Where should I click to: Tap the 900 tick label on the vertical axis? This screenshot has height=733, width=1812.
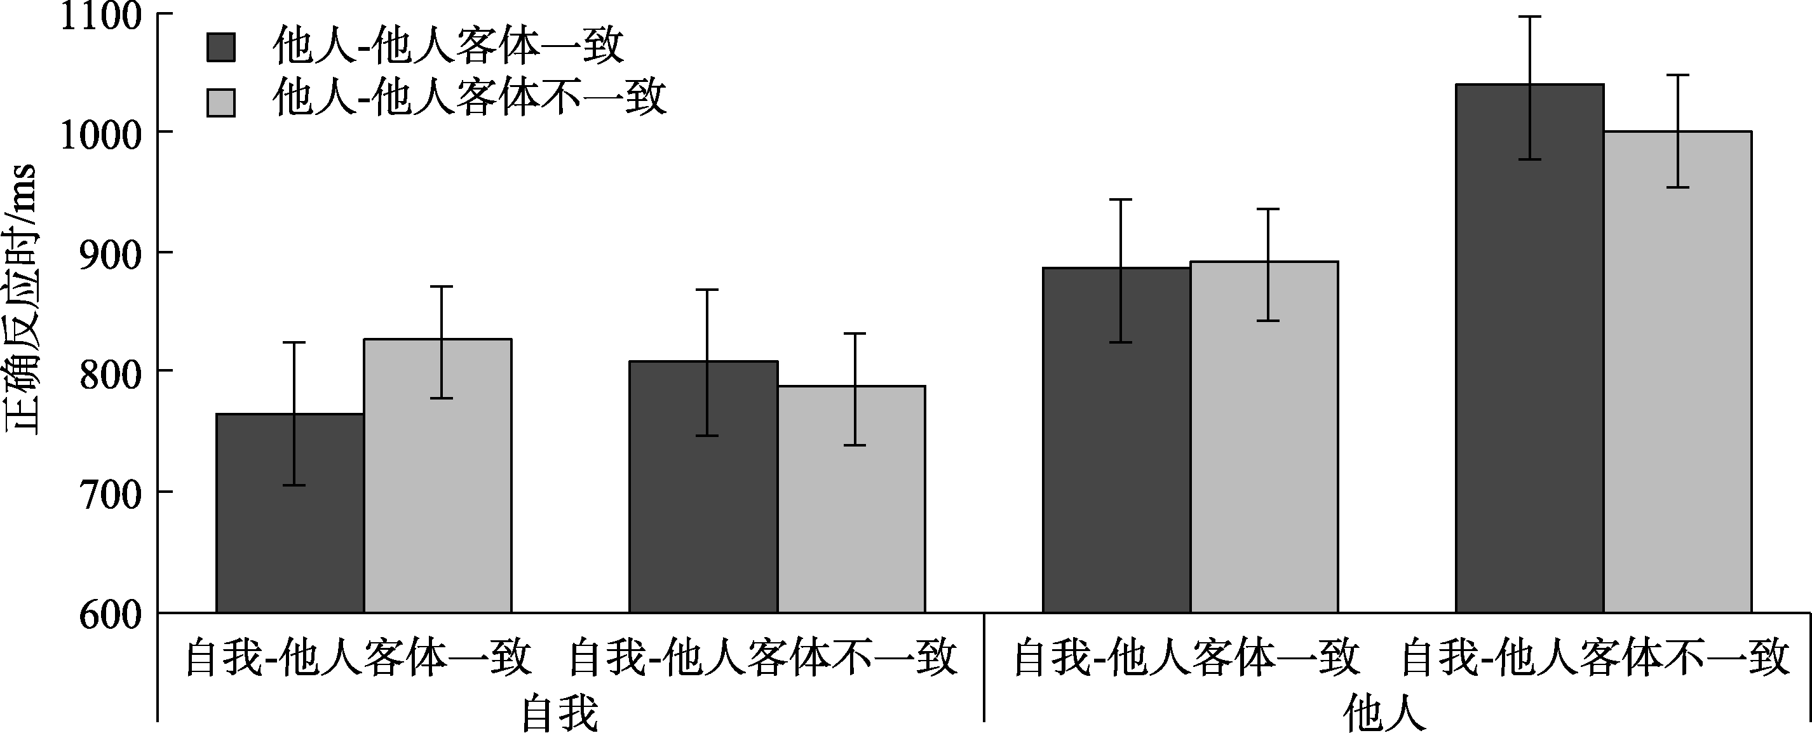pos(111,253)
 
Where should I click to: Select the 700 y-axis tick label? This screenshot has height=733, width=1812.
pos(111,493)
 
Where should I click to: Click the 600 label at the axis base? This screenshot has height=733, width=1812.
pos(111,614)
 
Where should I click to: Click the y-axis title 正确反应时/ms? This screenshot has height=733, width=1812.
pos(21,299)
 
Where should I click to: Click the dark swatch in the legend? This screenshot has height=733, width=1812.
pos(220,47)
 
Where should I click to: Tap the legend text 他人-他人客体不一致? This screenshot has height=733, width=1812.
pos(469,98)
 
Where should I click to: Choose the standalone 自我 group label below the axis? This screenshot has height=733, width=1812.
pos(559,713)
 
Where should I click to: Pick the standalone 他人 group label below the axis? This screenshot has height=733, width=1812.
pos(1384,713)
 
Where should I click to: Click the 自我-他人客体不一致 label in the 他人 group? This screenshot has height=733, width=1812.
pos(1595,656)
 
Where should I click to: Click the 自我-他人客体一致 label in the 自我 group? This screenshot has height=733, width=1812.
pos(358,656)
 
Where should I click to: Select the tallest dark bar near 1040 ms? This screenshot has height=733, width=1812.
pos(1529,352)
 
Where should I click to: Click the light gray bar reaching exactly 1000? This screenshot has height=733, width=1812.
pos(1678,373)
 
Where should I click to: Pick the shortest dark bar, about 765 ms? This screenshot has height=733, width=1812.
pos(290,513)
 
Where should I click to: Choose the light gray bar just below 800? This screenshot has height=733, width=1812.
pos(851,499)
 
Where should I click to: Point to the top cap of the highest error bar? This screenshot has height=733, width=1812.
pos(1530,16)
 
